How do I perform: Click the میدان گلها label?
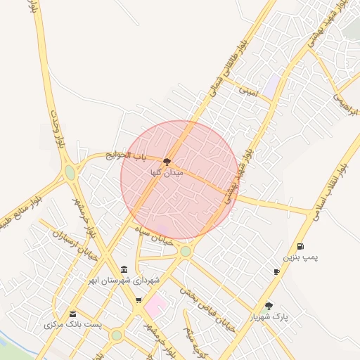pyautogui.click(x=167, y=172)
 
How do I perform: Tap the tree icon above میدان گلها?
pyautogui.click(x=167, y=162)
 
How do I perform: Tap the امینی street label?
pyautogui.click(x=248, y=91)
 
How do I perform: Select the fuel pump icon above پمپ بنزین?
pyautogui.click(x=301, y=246)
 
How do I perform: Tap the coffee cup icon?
pyautogui.click(x=276, y=271)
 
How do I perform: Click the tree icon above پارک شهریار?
pyautogui.click(x=269, y=306)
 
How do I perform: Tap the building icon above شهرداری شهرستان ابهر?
pyautogui.click(x=124, y=269)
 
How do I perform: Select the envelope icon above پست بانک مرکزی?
pyautogui.click(x=73, y=314)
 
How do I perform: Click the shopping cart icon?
pyautogui.click(x=139, y=300)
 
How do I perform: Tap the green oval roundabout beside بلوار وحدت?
pyautogui.click(x=70, y=172)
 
